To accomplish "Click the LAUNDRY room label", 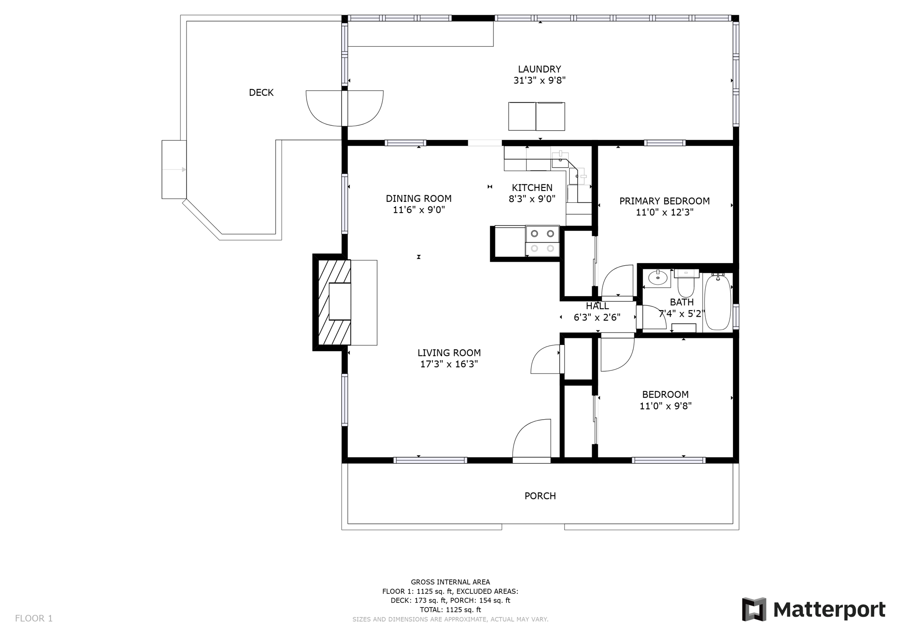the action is click(539, 69).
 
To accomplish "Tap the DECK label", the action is click(261, 92).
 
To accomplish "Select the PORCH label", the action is click(540, 496).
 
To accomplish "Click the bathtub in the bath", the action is click(718, 302).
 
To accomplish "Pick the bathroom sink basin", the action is click(658, 278).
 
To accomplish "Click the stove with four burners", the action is click(542, 241).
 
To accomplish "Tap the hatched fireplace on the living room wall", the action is click(334, 302).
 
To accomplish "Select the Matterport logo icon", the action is click(754, 609).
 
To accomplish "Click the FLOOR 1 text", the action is click(34, 619).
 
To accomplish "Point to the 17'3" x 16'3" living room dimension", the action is click(449, 364).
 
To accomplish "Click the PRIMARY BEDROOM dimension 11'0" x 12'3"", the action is click(665, 212).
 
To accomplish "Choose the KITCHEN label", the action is click(532, 188).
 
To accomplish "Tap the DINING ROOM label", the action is click(419, 198).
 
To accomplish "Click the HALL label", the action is click(597, 306).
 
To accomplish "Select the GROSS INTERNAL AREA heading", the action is click(450, 582).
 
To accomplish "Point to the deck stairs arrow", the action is click(174, 169).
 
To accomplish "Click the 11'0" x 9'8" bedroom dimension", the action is click(666, 406).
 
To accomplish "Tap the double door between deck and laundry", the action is click(344, 108).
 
